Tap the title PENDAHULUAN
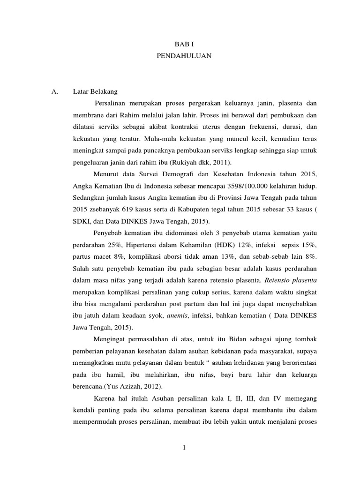point(184,56)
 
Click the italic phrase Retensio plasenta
point(291,281)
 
